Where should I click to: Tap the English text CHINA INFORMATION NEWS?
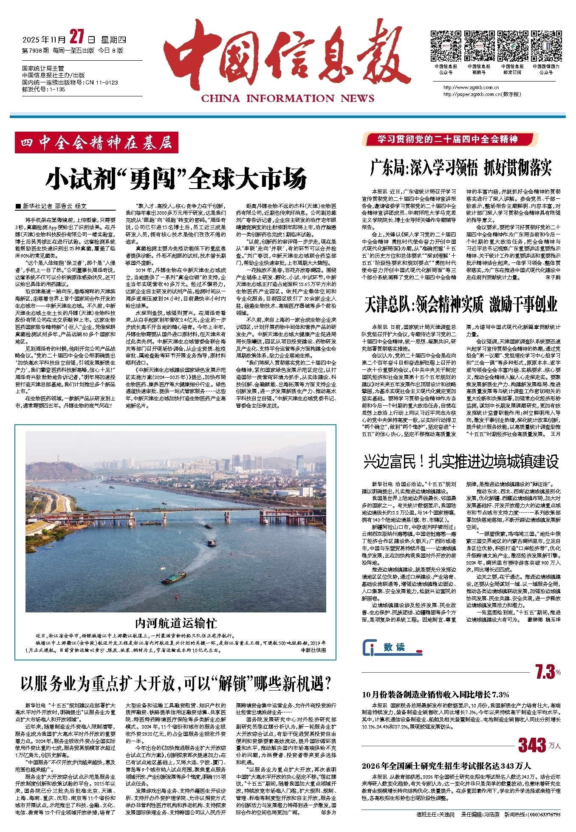point(288,99)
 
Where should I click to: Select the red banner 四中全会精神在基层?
point(96,143)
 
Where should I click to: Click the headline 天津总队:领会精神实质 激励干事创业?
point(461,305)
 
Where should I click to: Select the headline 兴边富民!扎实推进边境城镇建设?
point(461,462)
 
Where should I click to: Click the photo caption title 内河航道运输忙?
point(176,623)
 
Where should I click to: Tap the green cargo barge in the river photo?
point(173,578)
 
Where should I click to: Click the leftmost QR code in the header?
point(446,46)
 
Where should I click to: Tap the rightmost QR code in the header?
point(546,46)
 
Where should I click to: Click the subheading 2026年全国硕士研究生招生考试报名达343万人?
point(446,766)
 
